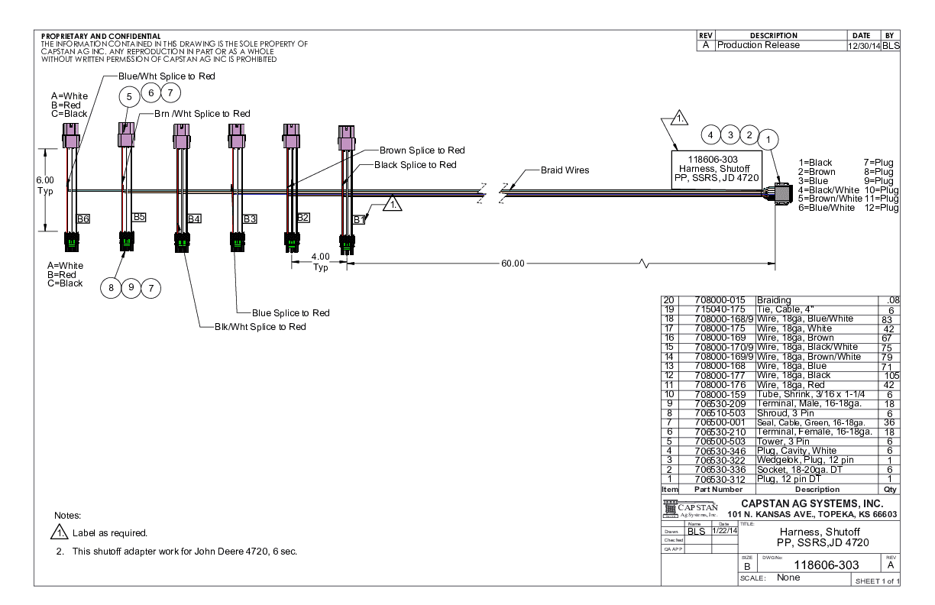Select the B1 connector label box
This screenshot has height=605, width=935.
359,219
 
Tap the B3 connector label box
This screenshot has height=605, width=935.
250,219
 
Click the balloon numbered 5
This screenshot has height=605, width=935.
130,96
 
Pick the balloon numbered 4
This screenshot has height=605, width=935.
711,135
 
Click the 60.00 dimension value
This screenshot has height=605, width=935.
513,264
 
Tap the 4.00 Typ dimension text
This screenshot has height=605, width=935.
320,261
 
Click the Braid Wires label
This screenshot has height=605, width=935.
565,170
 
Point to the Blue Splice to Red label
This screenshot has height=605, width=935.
292,313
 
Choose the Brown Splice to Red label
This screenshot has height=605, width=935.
422,150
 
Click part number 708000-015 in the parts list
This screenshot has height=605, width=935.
721,300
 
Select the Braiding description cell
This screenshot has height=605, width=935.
774,300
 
